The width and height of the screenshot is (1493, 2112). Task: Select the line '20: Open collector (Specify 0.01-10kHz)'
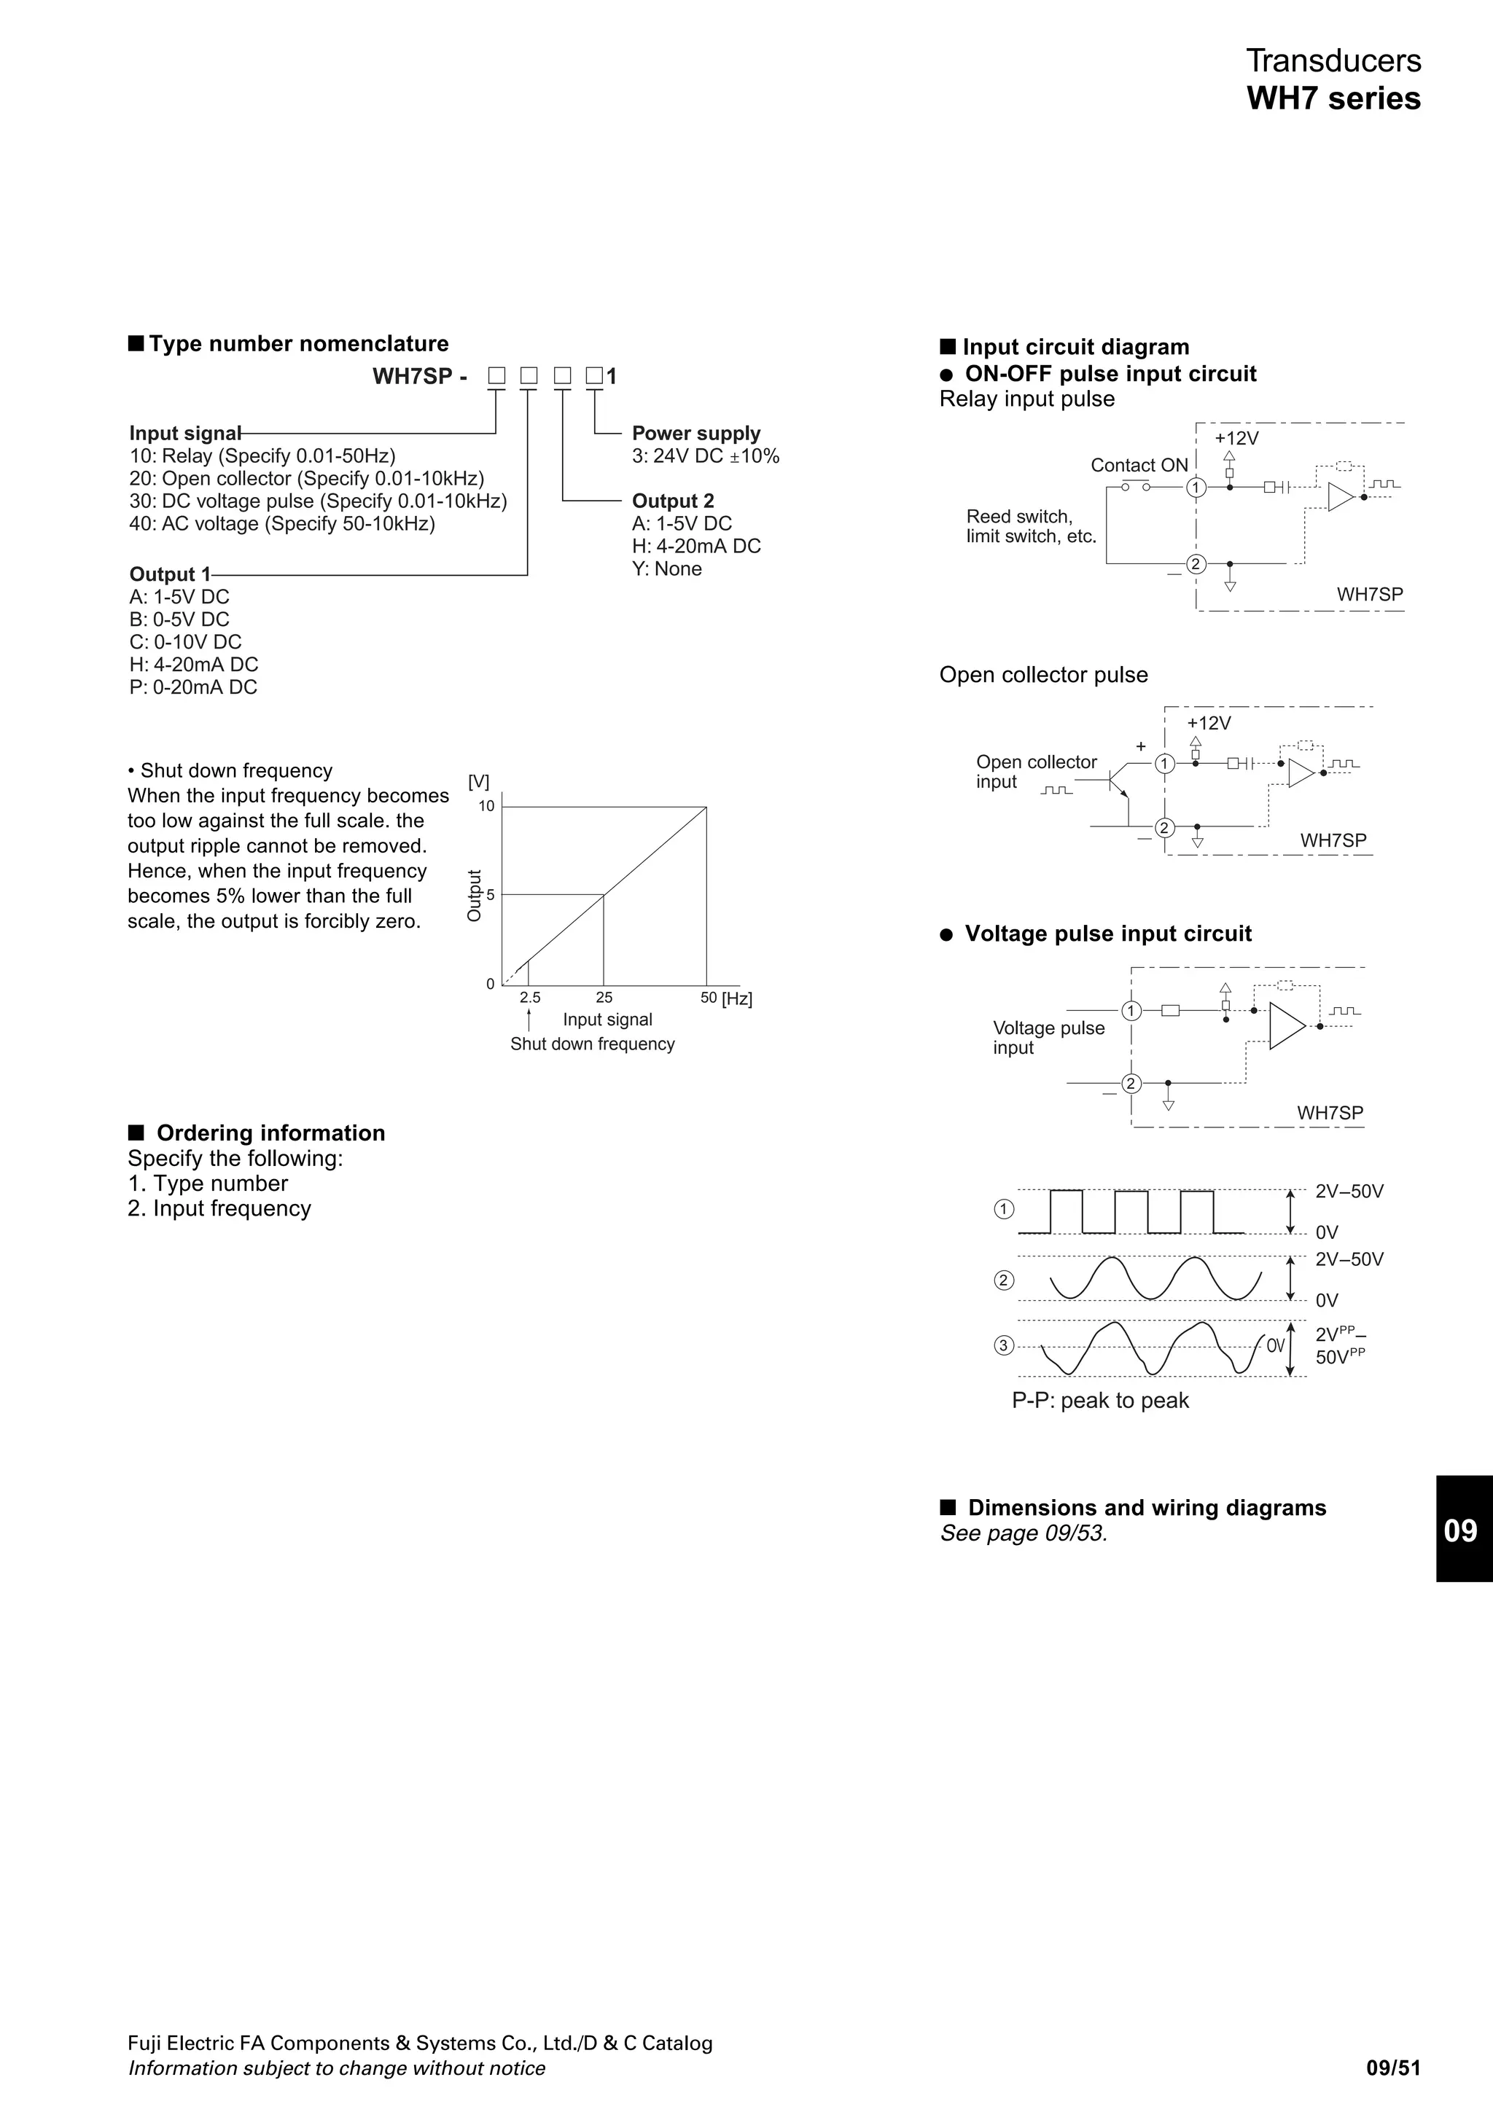pos(306,478)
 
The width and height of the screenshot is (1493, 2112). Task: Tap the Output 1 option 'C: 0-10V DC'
pos(185,642)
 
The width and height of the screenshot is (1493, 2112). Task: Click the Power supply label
pos(695,433)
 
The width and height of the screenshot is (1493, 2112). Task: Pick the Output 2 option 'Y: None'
pos(666,568)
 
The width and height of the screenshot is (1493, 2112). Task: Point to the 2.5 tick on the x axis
pos(530,998)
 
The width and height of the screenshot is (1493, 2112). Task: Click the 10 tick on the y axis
pos(487,807)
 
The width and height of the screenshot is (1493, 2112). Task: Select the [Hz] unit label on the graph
pos(737,999)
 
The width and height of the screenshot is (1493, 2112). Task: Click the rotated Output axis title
pos(475,895)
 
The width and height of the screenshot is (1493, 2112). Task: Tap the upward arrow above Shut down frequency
pos(529,1020)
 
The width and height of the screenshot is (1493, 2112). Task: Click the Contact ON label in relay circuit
pos(1139,466)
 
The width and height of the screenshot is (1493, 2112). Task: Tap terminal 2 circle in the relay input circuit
pos(1195,564)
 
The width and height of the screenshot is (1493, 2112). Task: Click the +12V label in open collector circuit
pos(1208,723)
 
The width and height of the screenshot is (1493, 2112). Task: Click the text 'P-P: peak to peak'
pos(1100,1401)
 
